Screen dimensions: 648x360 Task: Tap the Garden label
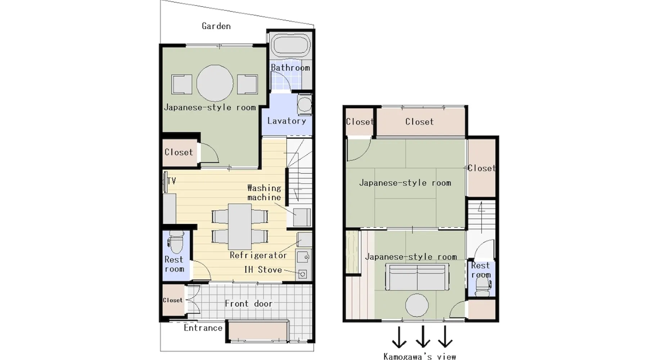216,26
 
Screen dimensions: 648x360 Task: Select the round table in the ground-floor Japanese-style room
215,83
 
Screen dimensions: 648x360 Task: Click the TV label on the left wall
171,181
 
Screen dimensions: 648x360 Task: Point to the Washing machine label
264,193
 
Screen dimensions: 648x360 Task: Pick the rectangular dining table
240,227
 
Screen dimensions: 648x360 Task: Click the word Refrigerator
258,255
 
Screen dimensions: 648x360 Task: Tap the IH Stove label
263,270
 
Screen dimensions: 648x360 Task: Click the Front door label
248,304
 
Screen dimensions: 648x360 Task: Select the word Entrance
203,328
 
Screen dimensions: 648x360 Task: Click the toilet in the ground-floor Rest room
176,242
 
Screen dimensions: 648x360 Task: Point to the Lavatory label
287,121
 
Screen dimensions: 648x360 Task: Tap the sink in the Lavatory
305,104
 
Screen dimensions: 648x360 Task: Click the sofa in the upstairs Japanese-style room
417,276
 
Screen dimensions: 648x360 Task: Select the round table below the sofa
417,305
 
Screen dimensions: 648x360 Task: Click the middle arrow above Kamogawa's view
423,337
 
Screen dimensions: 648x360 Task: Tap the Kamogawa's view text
420,356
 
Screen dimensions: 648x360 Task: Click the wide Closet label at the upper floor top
419,122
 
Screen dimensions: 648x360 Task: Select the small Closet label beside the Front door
172,300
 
